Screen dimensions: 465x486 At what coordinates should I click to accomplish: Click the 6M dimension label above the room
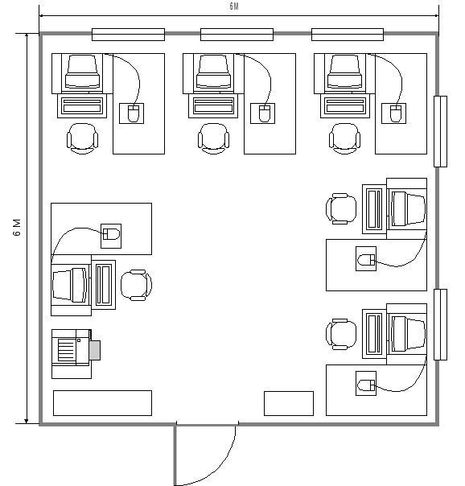coord(234,6)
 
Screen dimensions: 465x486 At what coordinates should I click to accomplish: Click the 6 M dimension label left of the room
coord(17,228)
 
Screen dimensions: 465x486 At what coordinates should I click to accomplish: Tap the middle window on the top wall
coord(237,35)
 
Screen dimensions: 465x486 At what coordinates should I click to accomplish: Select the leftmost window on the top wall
coord(128,35)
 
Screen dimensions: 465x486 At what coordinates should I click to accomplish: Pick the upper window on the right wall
coord(440,131)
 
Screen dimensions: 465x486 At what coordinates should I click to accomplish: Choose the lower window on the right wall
coord(440,324)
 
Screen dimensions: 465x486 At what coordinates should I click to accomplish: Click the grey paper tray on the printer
coord(95,350)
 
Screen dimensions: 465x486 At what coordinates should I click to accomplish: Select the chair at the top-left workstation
coord(82,138)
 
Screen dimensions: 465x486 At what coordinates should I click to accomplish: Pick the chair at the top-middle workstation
coord(213,138)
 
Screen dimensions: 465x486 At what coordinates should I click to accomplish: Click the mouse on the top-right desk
coord(396,113)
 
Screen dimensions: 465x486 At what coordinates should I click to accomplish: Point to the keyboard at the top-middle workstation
coord(213,106)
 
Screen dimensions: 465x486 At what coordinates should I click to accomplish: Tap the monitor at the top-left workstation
coord(82,72)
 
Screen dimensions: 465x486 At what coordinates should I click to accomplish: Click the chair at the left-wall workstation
coord(136,285)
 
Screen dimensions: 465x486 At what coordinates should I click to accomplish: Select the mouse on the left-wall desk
coord(111,234)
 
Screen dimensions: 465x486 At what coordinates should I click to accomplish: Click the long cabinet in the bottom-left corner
coord(102,403)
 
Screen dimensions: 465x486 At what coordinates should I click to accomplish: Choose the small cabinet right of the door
coord(289,404)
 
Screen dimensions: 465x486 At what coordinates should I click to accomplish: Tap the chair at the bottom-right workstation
coord(341,334)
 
